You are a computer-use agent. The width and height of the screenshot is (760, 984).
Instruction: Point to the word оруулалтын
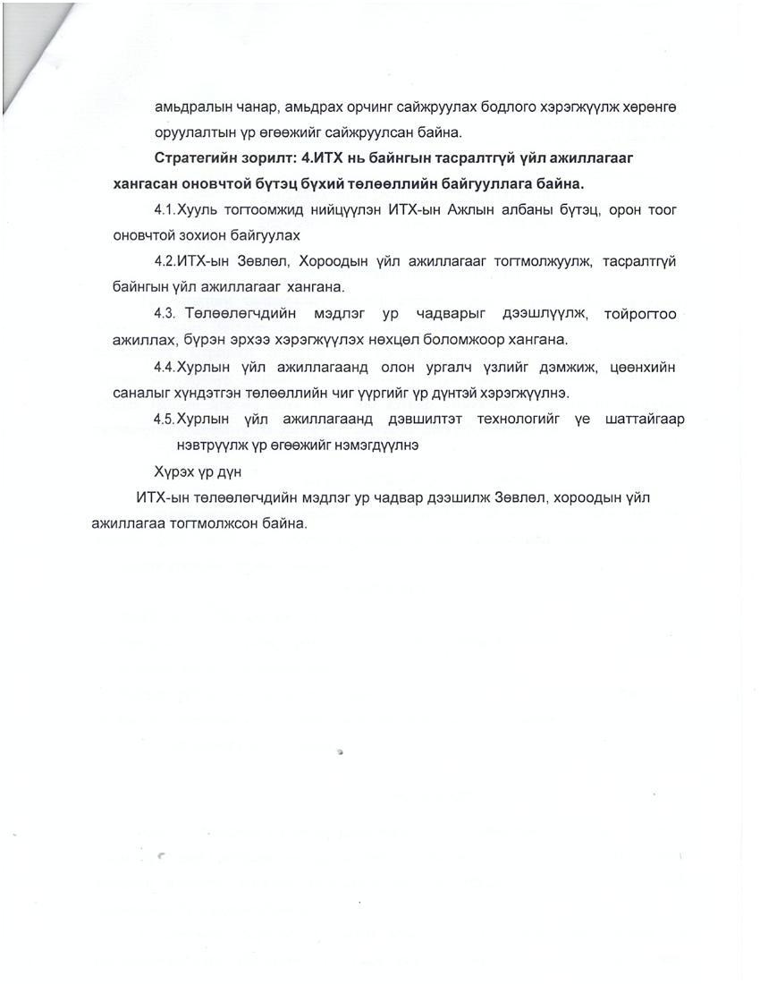(196, 132)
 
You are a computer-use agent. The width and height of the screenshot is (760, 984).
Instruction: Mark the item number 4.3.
(166, 314)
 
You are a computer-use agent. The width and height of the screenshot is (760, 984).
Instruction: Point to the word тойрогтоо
(640, 314)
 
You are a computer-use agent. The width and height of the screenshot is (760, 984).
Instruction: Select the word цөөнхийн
(641, 367)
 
